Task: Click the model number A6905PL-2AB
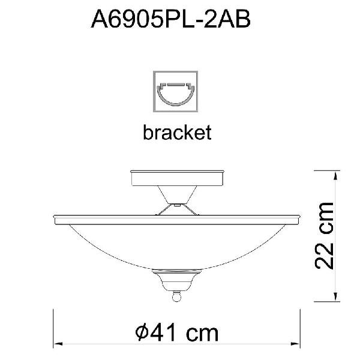coord(170,20)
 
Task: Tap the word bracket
coord(177,133)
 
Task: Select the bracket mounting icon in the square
coord(176,92)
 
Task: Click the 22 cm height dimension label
coord(324,236)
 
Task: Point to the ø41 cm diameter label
coord(177,333)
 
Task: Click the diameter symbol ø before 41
coord(142,333)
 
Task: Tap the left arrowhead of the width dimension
coord(58,344)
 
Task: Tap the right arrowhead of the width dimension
coord(295,344)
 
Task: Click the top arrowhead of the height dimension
coord(335,175)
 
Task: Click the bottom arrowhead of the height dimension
coord(335,297)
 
